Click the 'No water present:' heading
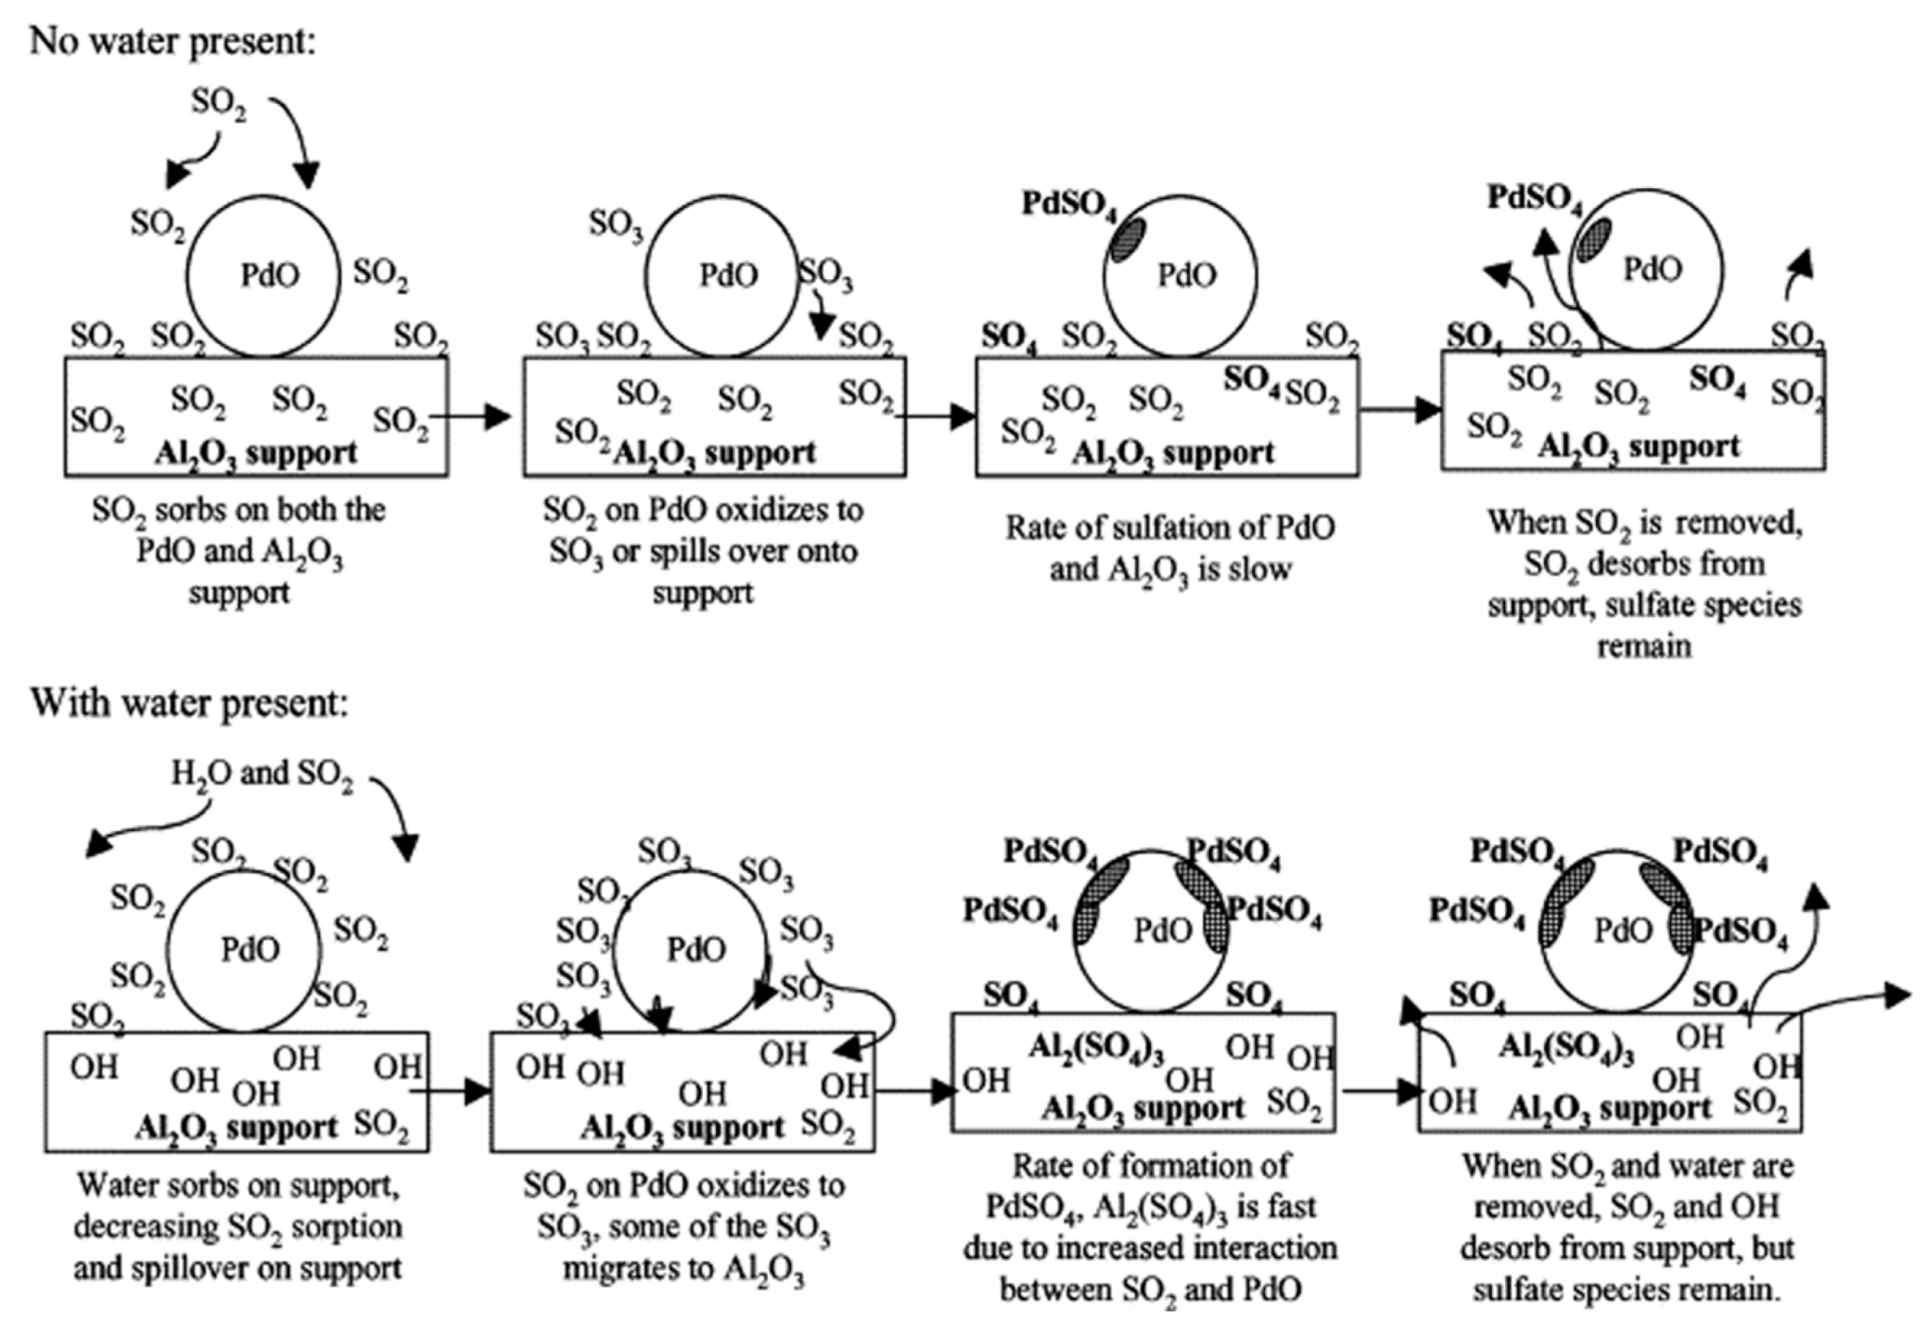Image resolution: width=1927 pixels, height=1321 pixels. [x=172, y=41]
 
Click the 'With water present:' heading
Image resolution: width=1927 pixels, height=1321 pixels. [x=189, y=702]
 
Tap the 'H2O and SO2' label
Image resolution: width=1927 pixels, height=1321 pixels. [x=262, y=774]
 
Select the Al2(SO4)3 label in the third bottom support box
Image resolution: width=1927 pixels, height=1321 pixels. [x=1096, y=1048]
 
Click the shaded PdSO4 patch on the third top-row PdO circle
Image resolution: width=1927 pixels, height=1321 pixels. [x=1127, y=238]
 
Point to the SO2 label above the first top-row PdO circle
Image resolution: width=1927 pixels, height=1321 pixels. [x=219, y=102]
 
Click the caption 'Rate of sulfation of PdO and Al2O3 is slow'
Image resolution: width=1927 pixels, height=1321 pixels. [x=1170, y=547]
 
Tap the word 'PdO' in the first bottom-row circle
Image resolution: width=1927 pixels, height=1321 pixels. [x=250, y=949]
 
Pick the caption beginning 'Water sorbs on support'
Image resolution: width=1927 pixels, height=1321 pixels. [x=237, y=1225]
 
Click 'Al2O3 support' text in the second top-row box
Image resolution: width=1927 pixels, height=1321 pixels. [x=714, y=453]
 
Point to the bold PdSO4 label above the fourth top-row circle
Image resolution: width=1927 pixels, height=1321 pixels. [x=1535, y=198]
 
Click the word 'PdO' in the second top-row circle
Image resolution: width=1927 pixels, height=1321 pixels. [x=728, y=275]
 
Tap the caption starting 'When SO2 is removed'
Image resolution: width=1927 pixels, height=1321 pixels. [x=1644, y=584]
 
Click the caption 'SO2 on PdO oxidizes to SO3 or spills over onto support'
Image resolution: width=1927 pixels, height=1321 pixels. [x=702, y=550]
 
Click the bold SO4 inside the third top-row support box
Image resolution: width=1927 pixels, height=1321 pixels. [x=1251, y=378]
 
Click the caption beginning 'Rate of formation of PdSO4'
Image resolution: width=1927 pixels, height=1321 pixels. [x=1150, y=1226]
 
